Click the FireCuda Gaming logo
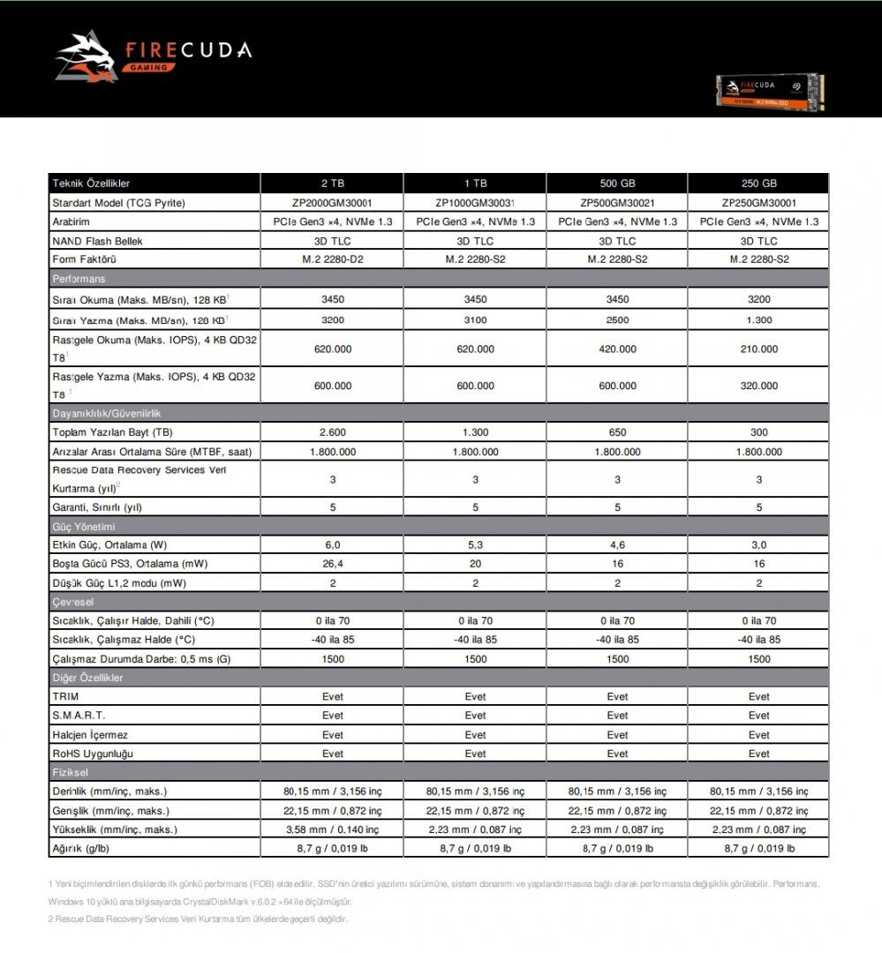point(153,56)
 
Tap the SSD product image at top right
point(769,92)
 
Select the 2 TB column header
point(333,184)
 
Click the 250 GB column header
point(758,184)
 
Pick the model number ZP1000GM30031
point(475,203)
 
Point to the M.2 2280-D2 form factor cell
point(333,259)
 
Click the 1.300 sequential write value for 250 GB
point(758,319)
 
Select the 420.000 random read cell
point(617,349)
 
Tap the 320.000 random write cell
point(758,386)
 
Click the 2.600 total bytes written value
point(333,432)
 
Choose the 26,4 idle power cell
point(333,563)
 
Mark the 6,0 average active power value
point(333,544)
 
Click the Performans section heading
point(79,279)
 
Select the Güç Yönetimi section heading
point(85,527)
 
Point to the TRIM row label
point(66,696)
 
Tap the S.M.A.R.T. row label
point(79,716)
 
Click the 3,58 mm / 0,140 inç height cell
point(333,829)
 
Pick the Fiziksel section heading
point(72,772)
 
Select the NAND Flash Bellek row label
point(97,241)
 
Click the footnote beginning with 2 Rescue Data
point(198,919)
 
